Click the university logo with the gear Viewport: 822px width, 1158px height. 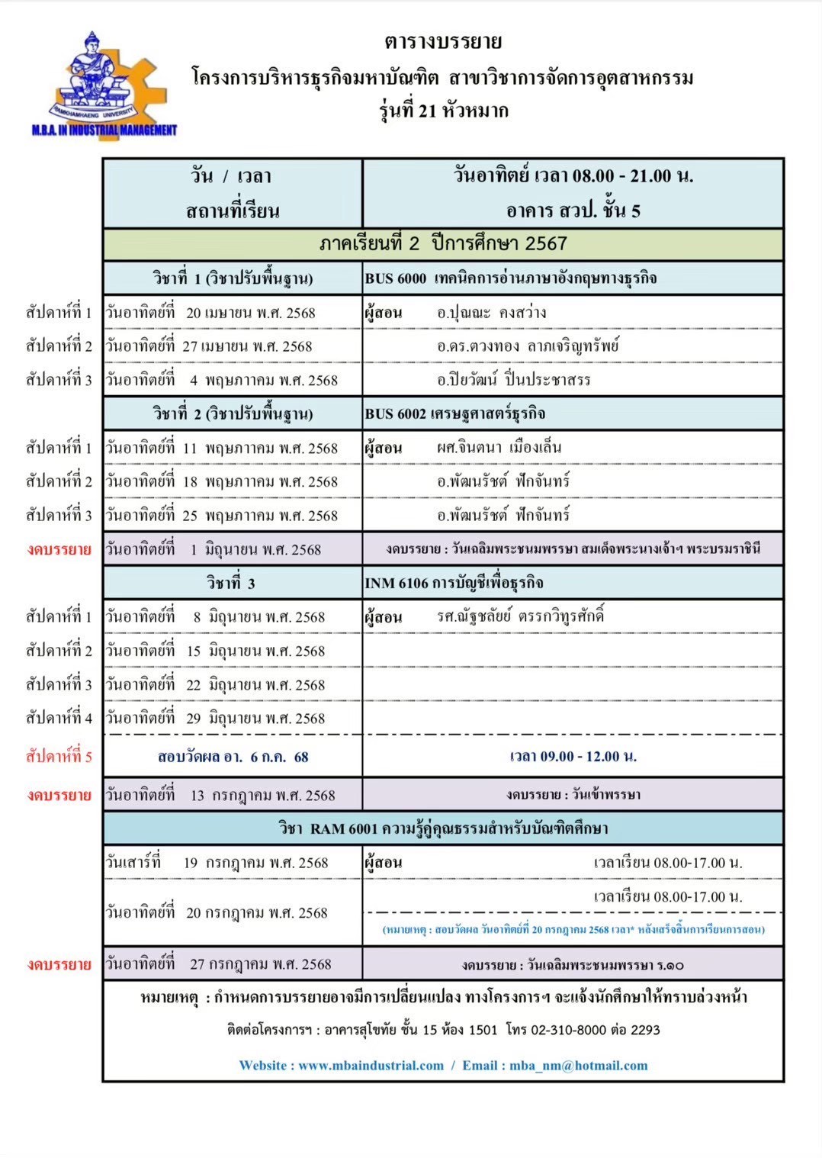[x=104, y=84]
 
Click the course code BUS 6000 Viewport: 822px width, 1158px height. [x=395, y=278]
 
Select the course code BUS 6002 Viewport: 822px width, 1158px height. [x=395, y=414]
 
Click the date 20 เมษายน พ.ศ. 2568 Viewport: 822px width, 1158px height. [x=250, y=313]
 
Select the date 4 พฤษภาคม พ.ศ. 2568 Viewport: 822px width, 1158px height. [x=263, y=380]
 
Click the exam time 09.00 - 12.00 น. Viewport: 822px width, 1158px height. [x=573, y=757]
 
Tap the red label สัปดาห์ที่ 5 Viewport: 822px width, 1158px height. [x=59, y=757]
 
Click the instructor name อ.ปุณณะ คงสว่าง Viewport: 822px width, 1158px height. [x=492, y=313]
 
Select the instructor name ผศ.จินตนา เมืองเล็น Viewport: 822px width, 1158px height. [x=499, y=448]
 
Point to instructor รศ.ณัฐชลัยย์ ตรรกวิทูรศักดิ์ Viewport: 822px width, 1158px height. [x=520, y=616]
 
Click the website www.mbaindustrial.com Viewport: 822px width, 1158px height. [x=371, y=1066]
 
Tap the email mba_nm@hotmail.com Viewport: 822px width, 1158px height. [x=578, y=1066]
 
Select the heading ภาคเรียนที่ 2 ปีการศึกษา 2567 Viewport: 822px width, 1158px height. [x=443, y=244]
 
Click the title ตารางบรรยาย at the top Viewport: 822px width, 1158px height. [x=443, y=41]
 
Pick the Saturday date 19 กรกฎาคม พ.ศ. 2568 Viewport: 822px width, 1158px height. [x=255, y=863]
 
